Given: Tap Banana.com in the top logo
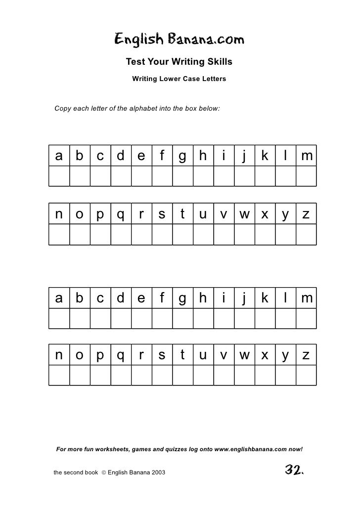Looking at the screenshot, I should tap(206, 40).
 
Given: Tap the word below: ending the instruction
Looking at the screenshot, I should tap(208, 107).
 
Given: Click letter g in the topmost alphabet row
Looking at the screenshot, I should tap(182, 156).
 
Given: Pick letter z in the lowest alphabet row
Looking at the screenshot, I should tap(306, 356).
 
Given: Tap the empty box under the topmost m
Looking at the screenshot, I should tap(306, 176).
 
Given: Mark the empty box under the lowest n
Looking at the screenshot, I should tap(59, 376).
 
